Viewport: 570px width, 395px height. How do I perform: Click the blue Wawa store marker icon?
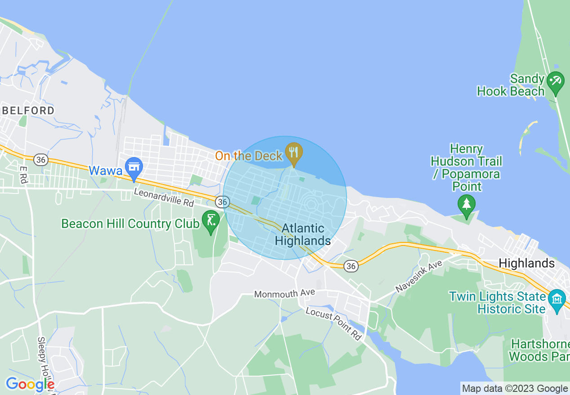134,167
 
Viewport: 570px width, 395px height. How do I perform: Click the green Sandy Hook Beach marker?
556,82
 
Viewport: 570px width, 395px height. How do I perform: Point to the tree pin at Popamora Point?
466,204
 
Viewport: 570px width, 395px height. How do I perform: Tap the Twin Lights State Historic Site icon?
557,298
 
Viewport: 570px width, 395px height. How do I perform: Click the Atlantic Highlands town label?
303,235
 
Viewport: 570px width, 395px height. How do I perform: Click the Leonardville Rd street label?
164,197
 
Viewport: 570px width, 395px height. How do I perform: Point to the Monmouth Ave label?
284,294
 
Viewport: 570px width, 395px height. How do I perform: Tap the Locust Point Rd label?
334,324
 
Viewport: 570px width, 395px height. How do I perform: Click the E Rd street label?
23,175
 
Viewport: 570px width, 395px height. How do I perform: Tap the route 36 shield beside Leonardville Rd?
222,202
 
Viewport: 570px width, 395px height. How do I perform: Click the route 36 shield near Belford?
41,159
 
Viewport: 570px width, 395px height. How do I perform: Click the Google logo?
30,384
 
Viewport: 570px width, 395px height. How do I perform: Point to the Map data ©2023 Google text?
515,388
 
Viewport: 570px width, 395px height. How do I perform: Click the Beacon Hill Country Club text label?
130,224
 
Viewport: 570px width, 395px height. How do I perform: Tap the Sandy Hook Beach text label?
511,85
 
